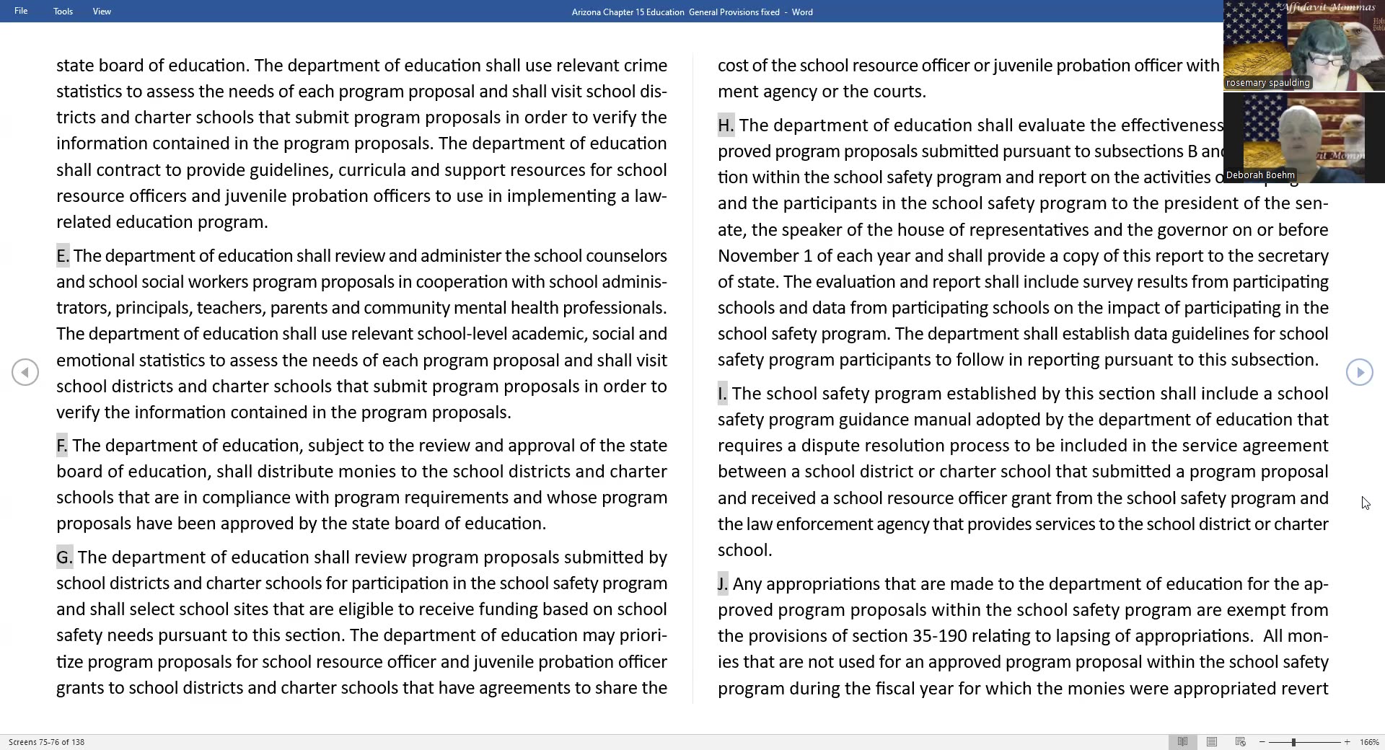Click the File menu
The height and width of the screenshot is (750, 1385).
[21, 12]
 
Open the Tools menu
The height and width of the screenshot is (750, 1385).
[63, 12]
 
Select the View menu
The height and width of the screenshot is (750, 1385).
[102, 12]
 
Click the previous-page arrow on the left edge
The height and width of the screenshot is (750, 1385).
[25, 372]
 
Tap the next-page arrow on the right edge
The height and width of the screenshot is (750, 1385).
[1359, 372]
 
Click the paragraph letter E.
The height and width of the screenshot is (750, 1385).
[63, 256]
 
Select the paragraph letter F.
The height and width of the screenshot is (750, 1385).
[62, 446]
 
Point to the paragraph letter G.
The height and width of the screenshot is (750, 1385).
[64, 557]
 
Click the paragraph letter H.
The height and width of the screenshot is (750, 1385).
[726, 125]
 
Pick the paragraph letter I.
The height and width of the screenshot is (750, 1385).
[722, 394]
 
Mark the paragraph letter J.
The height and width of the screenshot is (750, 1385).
[722, 584]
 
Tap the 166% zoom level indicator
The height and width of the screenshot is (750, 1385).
[1369, 742]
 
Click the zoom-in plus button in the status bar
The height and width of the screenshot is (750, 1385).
[1347, 742]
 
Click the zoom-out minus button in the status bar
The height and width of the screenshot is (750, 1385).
[1262, 742]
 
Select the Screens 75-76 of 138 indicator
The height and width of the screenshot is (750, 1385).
[46, 742]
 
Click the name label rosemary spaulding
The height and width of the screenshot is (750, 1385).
[1267, 83]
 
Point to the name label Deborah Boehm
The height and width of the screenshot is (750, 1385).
[1260, 175]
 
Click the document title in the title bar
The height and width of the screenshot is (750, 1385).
[692, 12]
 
